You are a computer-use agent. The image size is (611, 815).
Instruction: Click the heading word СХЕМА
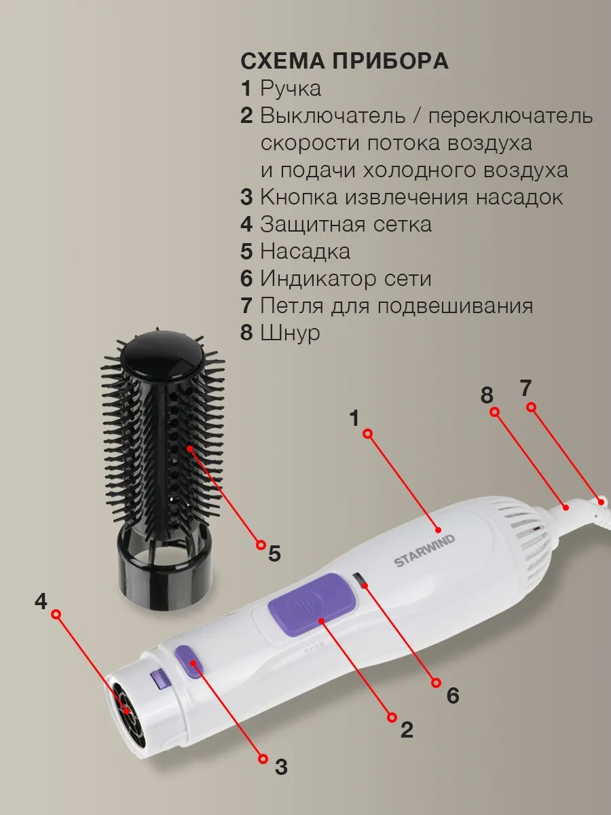click(x=282, y=60)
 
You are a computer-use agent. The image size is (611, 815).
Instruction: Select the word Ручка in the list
click(x=291, y=88)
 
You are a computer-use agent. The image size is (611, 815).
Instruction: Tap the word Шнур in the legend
click(x=290, y=332)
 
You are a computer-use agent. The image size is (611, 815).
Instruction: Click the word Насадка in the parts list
click(x=305, y=251)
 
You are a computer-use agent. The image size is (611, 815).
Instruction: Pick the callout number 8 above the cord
click(x=487, y=395)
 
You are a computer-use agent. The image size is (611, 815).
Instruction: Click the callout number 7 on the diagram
click(x=525, y=388)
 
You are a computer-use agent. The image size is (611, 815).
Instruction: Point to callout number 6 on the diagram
click(x=453, y=695)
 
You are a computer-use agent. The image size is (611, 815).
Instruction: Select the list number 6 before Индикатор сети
click(x=246, y=278)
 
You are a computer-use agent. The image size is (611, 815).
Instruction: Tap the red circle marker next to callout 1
click(x=368, y=434)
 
